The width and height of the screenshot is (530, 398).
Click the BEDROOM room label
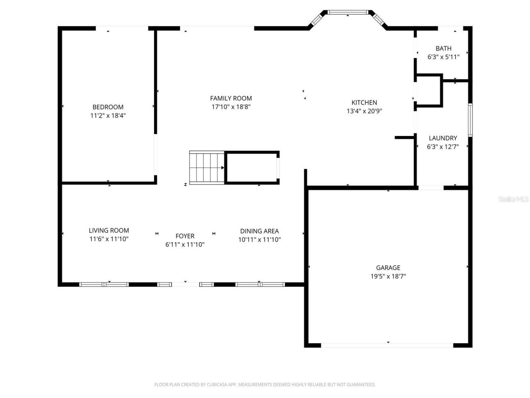tap(108, 107)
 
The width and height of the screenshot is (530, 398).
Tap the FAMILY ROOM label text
tap(231, 98)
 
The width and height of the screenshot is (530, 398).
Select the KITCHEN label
tap(364, 102)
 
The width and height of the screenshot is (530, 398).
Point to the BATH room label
tap(443, 49)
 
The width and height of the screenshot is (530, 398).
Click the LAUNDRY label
tap(443, 138)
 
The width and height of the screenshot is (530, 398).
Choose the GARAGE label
tap(388, 268)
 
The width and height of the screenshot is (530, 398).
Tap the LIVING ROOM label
tap(109, 231)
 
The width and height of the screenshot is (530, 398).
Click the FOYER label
tap(185, 236)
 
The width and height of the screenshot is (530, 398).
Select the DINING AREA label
tap(259, 231)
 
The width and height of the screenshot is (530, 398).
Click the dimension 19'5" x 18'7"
tap(388, 277)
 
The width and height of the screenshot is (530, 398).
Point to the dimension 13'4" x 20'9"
tap(364, 111)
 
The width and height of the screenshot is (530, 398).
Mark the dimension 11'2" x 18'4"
tap(108, 116)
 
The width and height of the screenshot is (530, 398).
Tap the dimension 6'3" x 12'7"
tap(443, 147)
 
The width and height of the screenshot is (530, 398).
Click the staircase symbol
tap(207, 168)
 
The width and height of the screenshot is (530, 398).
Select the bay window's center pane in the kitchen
tap(348, 12)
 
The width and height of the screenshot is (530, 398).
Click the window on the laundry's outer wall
tap(470, 120)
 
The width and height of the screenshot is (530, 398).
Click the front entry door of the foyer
tap(185, 284)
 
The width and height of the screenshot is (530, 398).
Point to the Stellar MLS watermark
tap(513, 199)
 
